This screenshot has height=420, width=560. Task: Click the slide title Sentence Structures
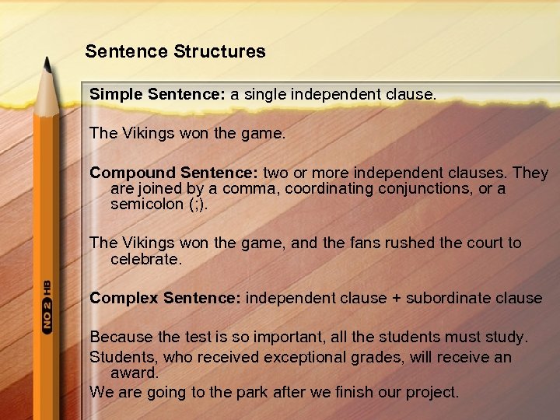(x=175, y=52)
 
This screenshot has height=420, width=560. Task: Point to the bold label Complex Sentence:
(x=166, y=298)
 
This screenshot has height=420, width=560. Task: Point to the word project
(x=432, y=392)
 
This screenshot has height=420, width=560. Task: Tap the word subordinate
(x=453, y=298)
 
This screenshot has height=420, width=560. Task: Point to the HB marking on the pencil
(x=47, y=285)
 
